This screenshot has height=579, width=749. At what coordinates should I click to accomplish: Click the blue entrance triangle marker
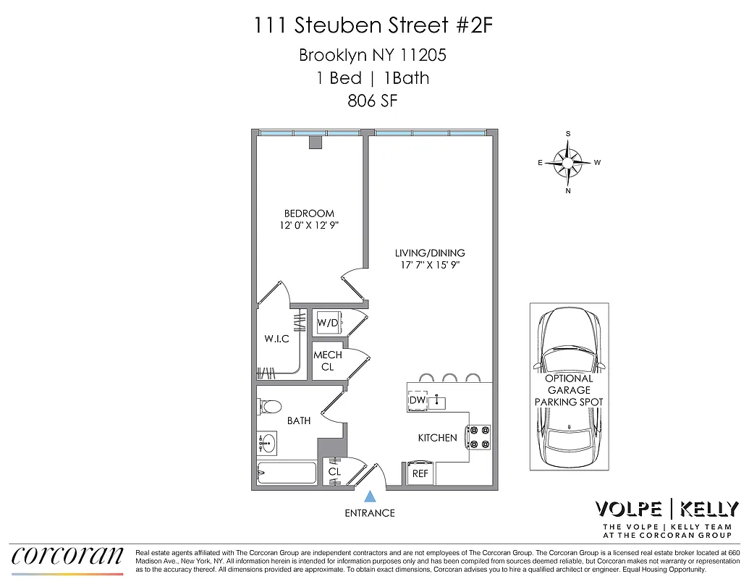pyautogui.click(x=370, y=496)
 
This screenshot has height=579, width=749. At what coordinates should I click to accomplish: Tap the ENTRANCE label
pyautogui.click(x=370, y=513)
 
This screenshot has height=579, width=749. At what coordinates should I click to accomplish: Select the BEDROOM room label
pyautogui.click(x=309, y=214)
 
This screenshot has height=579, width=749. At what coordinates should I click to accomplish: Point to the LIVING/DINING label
pyautogui.click(x=430, y=253)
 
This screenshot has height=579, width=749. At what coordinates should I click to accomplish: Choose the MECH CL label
pyautogui.click(x=327, y=361)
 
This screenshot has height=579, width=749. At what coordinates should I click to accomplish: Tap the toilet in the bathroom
pyautogui.click(x=270, y=407)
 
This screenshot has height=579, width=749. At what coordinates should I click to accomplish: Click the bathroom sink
pyautogui.click(x=268, y=441)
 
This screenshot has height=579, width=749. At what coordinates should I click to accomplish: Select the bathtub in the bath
pyautogui.click(x=287, y=473)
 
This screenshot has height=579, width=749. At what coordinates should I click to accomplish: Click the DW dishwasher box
pyautogui.click(x=417, y=400)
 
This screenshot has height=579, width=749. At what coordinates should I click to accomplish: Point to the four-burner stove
pyautogui.click(x=478, y=437)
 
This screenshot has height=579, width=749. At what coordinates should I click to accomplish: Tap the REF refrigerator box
pyautogui.click(x=420, y=473)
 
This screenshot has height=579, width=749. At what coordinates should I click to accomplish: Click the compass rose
pyautogui.click(x=569, y=163)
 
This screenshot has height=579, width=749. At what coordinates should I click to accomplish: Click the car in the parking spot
pyautogui.click(x=569, y=387)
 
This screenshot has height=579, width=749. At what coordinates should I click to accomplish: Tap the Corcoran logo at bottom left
pyautogui.click(x=67, y=555)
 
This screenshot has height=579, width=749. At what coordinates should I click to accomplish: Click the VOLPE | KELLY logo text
pyautogui.click(x=667, y=509)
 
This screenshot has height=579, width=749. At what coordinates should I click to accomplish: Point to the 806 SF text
pyautogui.click(x=373, y=101)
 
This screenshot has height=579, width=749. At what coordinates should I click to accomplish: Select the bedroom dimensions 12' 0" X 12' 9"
pyautogui.click(x=309, y=226)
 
